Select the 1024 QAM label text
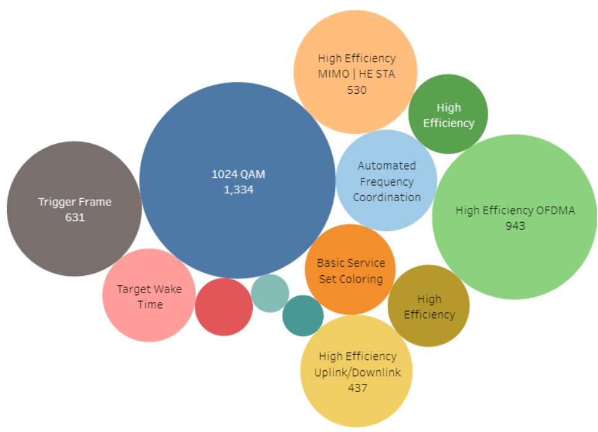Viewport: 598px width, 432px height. click(x=238, y=174)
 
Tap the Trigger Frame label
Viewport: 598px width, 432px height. click(x=75, y=202)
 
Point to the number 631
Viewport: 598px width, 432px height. click(x=75, y=217)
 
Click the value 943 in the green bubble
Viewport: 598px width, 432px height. click(x=515, y=226)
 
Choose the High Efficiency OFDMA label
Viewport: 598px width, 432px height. click(x=515, y=210)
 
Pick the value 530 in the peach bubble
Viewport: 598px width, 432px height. click(x=356, y=89)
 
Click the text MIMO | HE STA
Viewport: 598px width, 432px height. click(x=356, y=74)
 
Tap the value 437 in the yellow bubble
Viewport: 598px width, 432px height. click(x=357, y=388)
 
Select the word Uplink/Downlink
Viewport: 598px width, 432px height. click(x=357, y=372)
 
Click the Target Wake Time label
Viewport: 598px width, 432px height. click(x=149, y=296)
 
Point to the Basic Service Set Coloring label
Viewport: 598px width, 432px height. click(x=350, y=270)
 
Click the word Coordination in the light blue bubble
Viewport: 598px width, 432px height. click(x=387, y=197)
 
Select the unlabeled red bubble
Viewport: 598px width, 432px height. click(x=224, y=307)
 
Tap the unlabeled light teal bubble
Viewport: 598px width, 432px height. click(x=270, y=293)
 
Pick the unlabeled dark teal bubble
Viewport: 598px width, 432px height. click(x=303, y=315)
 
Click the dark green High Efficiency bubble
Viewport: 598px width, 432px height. click(x=448, y=115)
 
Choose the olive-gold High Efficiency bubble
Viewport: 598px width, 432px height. click(x=429, y=306)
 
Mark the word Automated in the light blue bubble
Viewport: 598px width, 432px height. click(x=387, y=165)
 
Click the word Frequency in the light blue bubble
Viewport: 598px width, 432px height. click(x=387, y=181)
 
